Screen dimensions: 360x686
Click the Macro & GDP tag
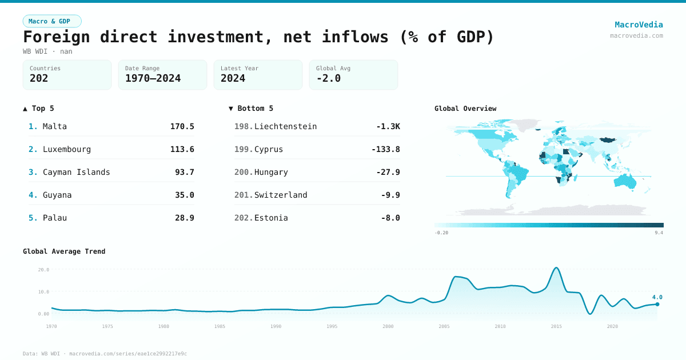[52, 21]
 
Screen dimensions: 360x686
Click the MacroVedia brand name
[639, 25]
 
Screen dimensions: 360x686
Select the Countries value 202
[39, 78]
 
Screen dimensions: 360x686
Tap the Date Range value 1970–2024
[153, 78]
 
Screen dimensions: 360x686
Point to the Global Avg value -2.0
[328, 78]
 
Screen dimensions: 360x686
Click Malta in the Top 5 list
[55, 126]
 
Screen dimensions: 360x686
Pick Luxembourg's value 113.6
[182, 149]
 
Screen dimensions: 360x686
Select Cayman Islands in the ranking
[76, 172]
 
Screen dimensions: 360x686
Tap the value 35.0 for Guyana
[184, 195]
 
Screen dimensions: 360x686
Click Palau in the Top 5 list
[55, 218]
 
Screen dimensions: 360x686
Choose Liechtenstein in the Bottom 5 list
[285, 126]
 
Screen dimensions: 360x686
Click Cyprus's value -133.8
[385, 149]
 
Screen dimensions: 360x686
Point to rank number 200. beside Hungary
[243, 172]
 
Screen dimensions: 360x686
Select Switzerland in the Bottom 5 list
[281, 195]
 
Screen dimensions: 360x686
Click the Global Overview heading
[465, 109]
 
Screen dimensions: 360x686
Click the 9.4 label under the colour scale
[659, 233]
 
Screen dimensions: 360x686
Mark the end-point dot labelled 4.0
[657, 304]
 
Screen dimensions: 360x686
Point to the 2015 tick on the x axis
[557, 326]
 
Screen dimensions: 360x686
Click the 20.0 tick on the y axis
[43, 270]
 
